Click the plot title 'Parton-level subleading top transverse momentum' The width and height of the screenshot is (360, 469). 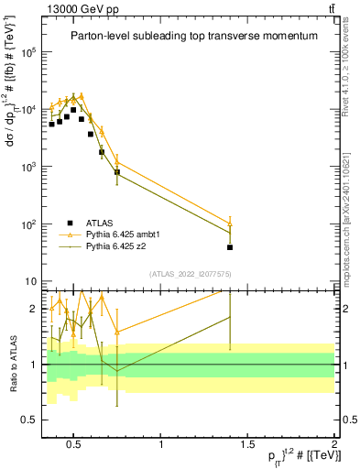(x=194, y=36)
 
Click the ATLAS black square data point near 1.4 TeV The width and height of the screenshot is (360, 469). (x=230, y=247)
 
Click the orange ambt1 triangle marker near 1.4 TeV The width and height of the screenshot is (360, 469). (x=230, y=224)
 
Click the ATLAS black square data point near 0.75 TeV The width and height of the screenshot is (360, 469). (x=117, y=172)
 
